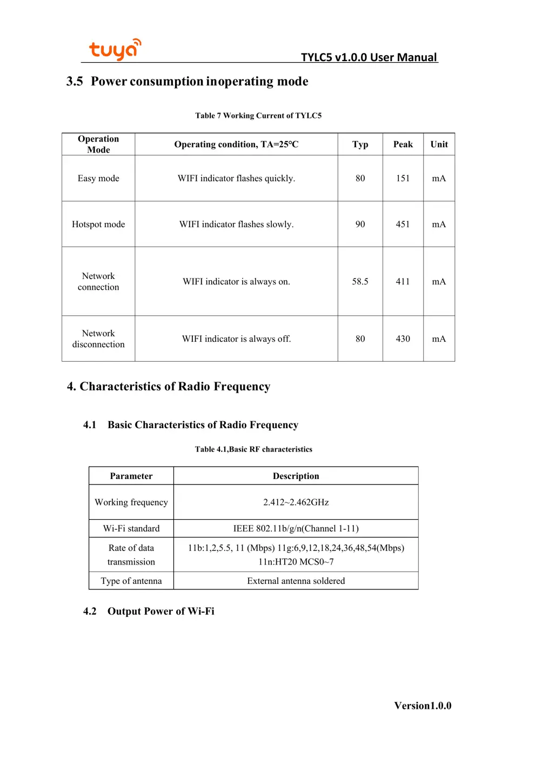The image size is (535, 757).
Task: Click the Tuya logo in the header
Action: coord(115,49)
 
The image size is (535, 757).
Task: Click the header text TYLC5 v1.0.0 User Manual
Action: coord(369,57)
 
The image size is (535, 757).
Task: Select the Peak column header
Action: coord(403,144)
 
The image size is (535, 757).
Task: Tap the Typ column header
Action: coord(360,144)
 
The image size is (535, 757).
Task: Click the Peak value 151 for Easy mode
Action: coord(403,178)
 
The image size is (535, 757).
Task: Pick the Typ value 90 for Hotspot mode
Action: coord(360,224)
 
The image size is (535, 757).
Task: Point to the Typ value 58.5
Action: coord(360,282)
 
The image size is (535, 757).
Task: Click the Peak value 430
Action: coord(403,339)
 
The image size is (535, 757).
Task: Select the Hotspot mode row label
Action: coord(98,224)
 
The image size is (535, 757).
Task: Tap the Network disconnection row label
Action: coord(98,339)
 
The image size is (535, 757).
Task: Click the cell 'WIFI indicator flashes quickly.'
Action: coord(236,178)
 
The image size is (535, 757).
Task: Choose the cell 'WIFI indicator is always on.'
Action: coord(236,282)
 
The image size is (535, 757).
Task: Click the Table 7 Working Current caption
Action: coord(258,116)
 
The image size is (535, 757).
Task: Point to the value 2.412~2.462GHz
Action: coord(296,502)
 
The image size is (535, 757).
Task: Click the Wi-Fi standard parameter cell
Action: coord(131,528)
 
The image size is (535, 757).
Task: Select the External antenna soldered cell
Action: coord(296,581)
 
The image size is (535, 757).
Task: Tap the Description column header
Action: coord(296,476)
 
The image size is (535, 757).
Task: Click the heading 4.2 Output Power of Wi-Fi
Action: coord(149,611)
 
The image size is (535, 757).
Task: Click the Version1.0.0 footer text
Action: coord(423,706)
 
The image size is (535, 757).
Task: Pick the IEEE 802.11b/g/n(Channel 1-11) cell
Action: coord(296,528)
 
